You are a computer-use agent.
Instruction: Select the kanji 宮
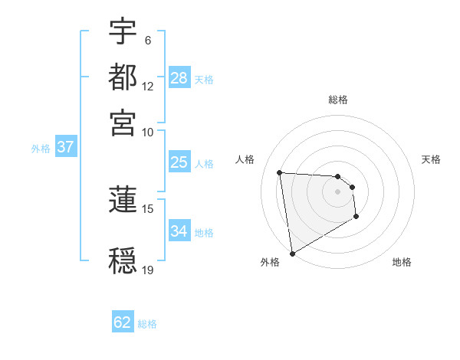point(123,122)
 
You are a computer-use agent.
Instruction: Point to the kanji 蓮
point(123,198)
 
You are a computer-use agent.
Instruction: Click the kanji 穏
point(123,260)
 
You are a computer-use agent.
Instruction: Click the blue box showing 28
point(179,78)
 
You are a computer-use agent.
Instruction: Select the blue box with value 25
point(179,162)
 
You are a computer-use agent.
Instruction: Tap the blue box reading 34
point(179,231)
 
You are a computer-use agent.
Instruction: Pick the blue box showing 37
point(65,147)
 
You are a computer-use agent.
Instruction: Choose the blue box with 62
point(123,322)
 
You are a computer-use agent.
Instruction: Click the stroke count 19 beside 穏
point(148,270)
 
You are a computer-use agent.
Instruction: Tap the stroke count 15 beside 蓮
point(148,208)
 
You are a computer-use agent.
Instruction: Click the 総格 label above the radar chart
point(337,100)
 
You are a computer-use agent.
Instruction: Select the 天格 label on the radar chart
point(431,159)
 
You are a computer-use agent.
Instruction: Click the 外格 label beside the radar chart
point(270,262)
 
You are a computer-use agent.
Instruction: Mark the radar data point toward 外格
point(292,253)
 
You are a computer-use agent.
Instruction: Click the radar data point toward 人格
point(280,172)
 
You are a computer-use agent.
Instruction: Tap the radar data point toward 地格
point(356,218)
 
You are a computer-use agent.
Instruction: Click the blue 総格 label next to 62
point(147,324)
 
